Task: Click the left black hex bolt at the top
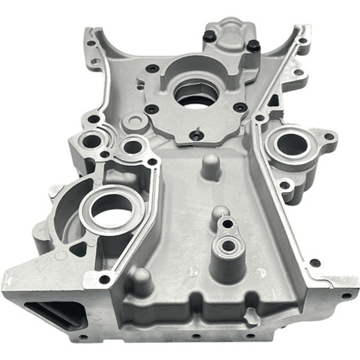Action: tap(210, 36)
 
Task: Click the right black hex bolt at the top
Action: tap(253, 46)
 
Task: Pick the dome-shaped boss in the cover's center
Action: tap(210, 165)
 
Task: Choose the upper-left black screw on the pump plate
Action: tap(152, 69)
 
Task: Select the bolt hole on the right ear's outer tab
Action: tap(328, 136)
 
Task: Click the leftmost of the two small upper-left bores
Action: tap(92, 142)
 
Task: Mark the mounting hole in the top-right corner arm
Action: tap(302, 41)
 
